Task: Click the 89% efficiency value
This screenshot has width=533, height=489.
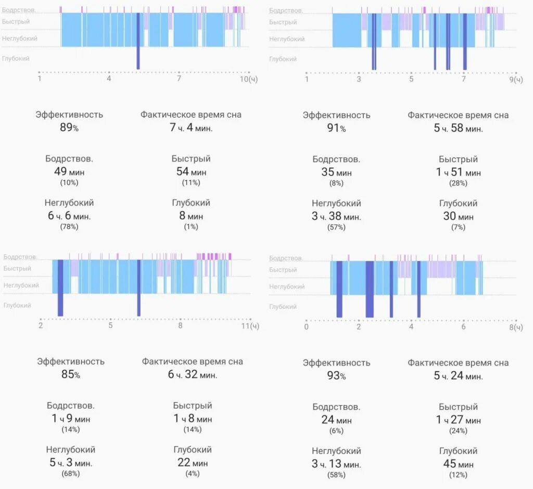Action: (x=69, y=128)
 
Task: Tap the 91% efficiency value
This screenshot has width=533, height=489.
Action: (x=336, y=128)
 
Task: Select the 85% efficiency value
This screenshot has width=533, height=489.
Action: (x=70, y=374)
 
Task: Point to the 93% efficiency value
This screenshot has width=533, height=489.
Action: (x=336, y=375)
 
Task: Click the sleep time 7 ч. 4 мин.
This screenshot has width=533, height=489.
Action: (x=191, y=128)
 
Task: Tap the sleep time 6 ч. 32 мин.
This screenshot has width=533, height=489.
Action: (x=193, y=374)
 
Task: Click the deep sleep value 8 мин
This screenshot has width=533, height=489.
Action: (x=191, y=216)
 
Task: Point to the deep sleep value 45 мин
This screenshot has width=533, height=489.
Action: (x=458, y=464)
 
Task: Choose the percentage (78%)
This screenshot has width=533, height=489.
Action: (x=69, y=227)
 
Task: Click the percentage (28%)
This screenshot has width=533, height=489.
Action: (x=458, y=183)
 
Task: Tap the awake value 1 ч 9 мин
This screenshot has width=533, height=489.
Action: (x=70, y=418)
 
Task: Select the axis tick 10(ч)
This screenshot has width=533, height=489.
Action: (x=248, y=79)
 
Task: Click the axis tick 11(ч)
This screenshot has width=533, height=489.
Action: (x=250, y=326)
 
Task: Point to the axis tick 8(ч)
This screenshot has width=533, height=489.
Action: (x=515, y=327)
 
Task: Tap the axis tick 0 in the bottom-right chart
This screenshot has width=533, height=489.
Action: (x=306, y=327)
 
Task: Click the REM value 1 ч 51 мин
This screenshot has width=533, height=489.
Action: (x=458, y=172)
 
